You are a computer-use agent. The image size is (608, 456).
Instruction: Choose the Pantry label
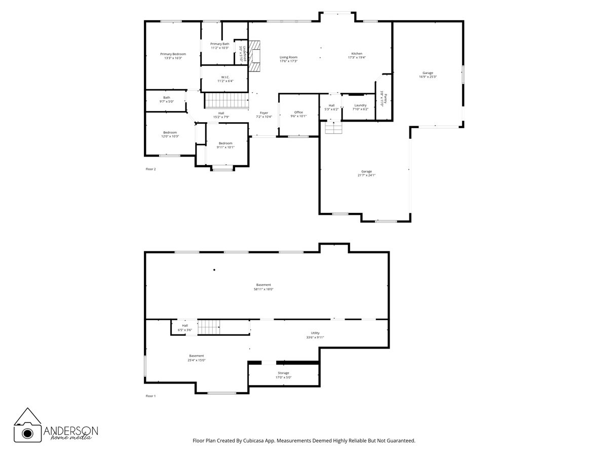(384, 98)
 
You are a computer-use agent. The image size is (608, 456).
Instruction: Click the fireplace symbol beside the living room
(256, 54)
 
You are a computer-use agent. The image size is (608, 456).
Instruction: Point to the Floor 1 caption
(150, 396)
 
